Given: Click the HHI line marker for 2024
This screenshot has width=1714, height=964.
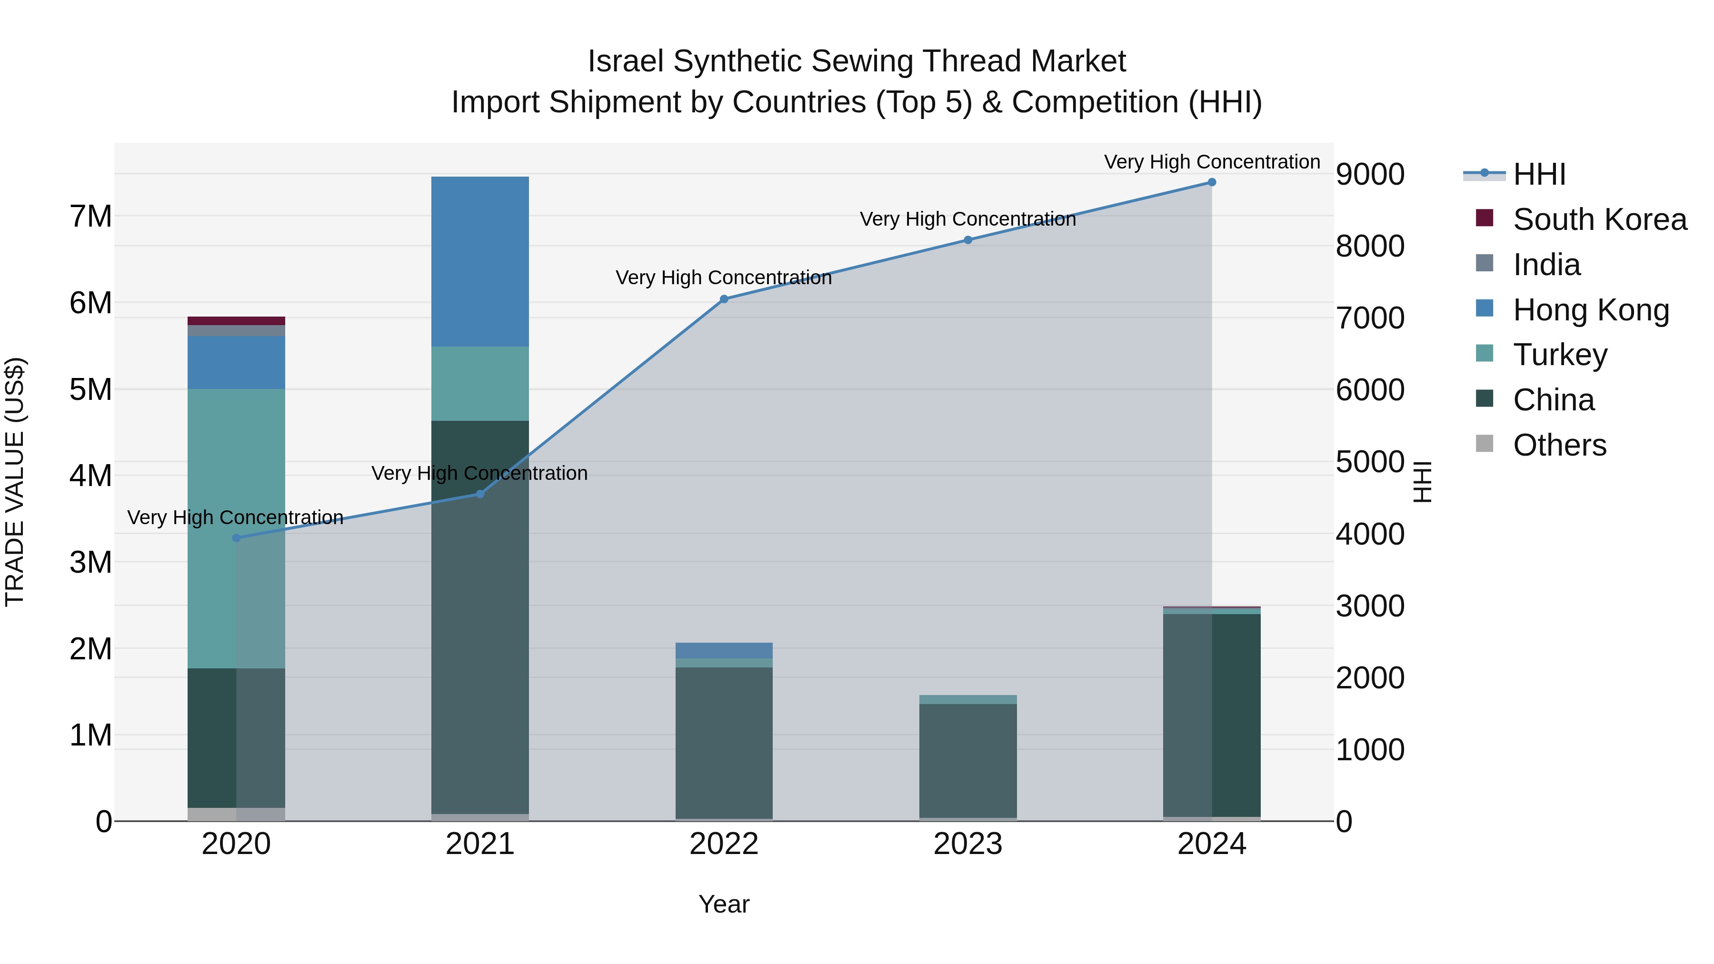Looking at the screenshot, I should coord(1212,182).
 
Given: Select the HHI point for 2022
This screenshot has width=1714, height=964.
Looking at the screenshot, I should coord(724,299).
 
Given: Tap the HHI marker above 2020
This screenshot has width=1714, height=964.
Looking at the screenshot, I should coord(236,537).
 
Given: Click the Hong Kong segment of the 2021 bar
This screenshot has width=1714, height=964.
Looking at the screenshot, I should coord(480,261).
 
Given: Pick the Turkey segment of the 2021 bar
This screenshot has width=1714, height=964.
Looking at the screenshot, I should coord(480,383).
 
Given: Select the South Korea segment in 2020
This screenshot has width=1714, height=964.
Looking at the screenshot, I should coord(236,321).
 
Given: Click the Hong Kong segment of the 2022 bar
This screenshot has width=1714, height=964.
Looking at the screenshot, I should coord(724,650).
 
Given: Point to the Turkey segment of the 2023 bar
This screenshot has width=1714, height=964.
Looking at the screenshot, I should coord(967,699).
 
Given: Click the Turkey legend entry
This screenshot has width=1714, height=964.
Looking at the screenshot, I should coord(1560,355).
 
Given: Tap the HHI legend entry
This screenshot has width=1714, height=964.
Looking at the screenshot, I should coord(1538,174).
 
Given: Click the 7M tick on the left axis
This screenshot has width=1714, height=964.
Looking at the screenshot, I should coord(90,216).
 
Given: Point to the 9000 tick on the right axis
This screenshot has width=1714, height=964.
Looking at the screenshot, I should coord(1370,174).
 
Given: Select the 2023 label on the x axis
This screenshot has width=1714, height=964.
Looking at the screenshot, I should coord(967,844).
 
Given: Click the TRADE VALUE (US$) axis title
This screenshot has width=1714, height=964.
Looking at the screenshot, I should coord(15,482).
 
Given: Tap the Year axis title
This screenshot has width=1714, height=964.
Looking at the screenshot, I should coord(724,904).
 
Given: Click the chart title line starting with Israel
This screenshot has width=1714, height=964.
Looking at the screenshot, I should coord(857,61).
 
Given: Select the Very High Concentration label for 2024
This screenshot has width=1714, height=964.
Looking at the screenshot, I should coord(1212,162).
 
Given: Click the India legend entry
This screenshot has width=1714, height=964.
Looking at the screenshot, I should coord(1546,265).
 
